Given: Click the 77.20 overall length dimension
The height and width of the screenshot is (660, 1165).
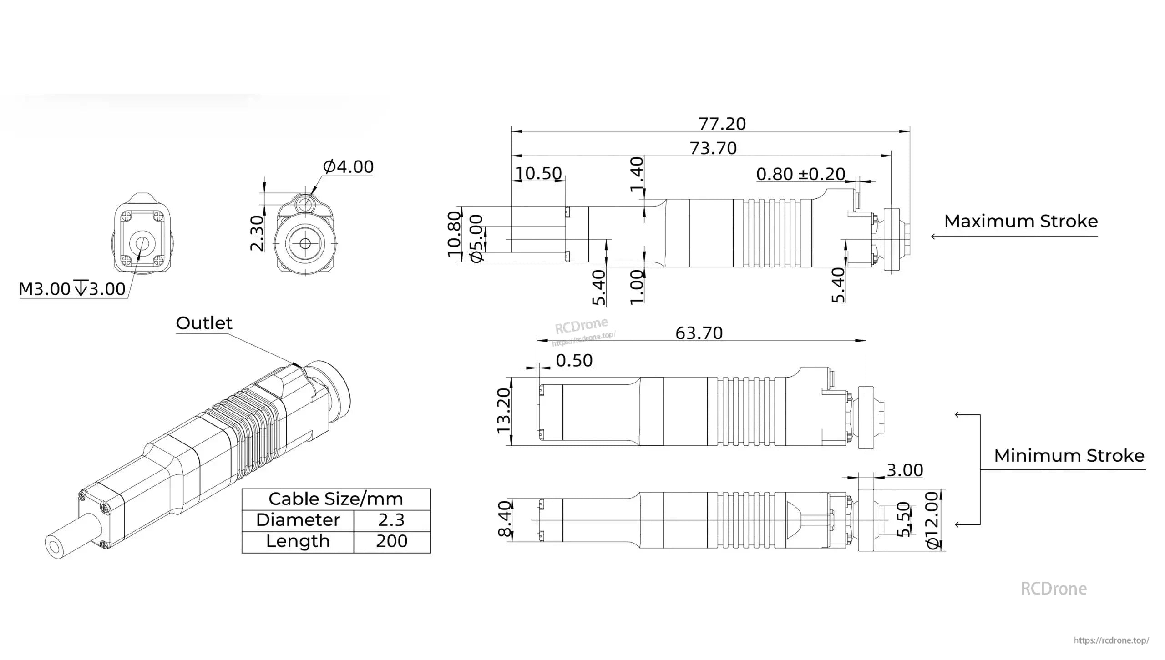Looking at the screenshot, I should (x=722, y=124).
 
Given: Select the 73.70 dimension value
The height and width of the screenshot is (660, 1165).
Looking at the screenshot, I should (x=713, y=148).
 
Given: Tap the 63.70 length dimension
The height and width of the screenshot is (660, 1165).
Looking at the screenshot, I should (x=699, y=333).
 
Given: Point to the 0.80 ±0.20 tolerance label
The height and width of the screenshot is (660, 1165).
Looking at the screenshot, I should (x=800, y=174).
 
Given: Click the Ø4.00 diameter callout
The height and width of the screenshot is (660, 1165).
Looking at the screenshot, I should (x=348, y=166).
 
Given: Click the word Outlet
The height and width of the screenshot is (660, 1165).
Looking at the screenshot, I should (x=204, y=323).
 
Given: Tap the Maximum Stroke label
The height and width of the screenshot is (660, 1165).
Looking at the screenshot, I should (x=1021, y=221).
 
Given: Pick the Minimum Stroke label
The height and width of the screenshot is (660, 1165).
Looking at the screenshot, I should (x=1069, y=455).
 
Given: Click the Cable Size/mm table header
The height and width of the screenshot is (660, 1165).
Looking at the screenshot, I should (x=336, y=499).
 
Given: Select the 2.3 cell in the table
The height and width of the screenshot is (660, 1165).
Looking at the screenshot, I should (x=391, y=520).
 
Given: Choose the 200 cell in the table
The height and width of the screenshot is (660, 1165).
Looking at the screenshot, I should (x=391, y=541).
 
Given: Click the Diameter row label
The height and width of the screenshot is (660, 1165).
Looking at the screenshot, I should (x=298, y=520).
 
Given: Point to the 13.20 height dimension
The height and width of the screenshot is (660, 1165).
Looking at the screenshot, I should (x=504, y=411).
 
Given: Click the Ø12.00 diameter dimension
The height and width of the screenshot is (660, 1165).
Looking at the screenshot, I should (x=932, y=519).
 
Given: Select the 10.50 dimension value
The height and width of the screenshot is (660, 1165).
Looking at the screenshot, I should (x=538, y=173).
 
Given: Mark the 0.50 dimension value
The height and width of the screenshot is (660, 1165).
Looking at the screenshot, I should (x=574, y=360).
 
